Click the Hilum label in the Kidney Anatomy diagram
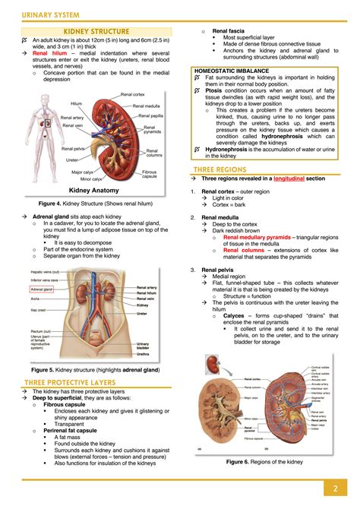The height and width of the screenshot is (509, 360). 76,103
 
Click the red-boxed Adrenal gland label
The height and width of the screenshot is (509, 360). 43,289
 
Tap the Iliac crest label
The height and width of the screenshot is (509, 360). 39,311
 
